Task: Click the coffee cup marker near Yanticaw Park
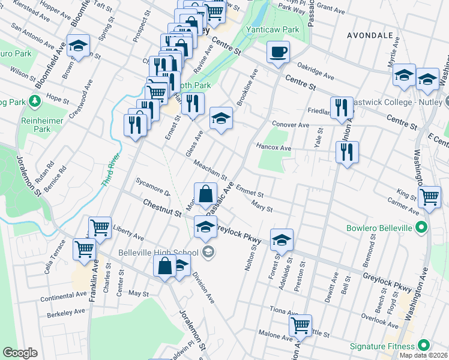(x=278, y=52)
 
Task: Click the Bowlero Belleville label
(x=380, y=228)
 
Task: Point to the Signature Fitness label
(x=383, y=346)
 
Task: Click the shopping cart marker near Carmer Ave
(x=429, y=197)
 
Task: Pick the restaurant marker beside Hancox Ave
(x=348, y=152)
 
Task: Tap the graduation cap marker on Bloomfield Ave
(x=77, y=47)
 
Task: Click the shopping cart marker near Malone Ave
(x=300, y=326)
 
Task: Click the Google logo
(x=20, y=353)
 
